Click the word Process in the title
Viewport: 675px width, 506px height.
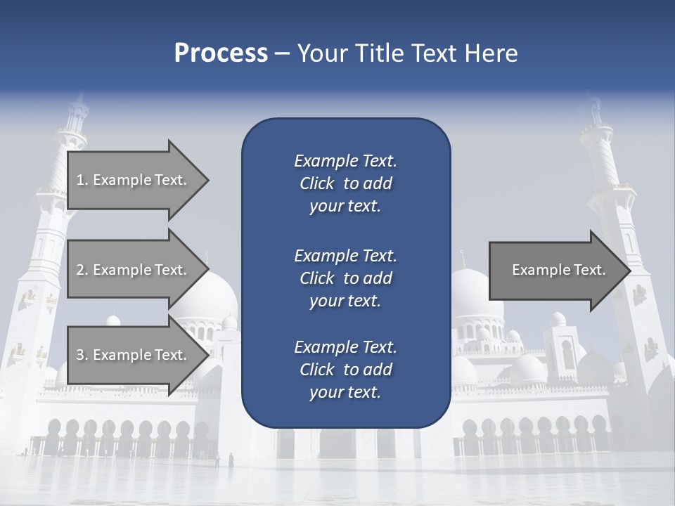[x=221, y=53]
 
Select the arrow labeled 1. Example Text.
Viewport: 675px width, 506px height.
[x=134, y=180]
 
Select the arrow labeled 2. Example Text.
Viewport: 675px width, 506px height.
[x=134, y=270]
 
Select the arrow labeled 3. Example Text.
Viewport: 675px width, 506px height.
[x=134, y=355]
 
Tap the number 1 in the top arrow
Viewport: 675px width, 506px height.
[x=79, y=180]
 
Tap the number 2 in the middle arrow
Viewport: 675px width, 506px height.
[x=79, y=270]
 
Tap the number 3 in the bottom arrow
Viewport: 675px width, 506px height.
[x=79, y=355]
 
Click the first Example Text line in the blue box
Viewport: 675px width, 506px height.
[x=345, y=161]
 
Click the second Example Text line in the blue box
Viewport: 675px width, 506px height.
[x=345, y=255]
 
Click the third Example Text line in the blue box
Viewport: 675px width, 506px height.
[x=345, y=346]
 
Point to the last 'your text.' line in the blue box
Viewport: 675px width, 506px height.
[x=345, y=393]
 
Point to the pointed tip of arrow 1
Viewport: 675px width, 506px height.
[x=208, y=180]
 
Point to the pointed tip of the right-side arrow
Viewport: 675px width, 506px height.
[x=630, y=271]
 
